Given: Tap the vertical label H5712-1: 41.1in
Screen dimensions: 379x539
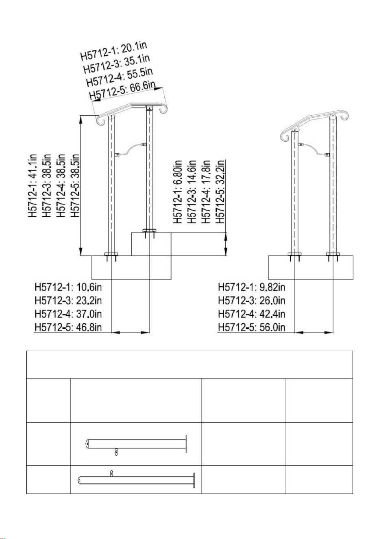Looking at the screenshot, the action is [33, 186].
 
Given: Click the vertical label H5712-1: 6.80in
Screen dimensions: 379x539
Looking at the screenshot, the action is [178, 191].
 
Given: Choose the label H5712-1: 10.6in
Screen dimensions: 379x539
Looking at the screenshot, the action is [68, 287].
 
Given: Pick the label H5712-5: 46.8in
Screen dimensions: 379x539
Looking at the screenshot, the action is [68, 327].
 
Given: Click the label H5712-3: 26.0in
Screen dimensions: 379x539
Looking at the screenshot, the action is [251, 301].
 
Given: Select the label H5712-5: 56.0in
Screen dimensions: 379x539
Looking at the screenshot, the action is [251, 327].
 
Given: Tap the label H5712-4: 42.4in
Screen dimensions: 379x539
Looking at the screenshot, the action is [251, 314].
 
